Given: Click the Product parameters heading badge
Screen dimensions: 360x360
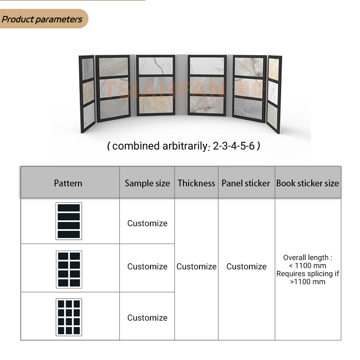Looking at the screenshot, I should (42, 19).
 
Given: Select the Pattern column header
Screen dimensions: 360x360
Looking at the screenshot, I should (68, 183).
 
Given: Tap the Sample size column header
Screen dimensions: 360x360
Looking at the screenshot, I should (147, 183).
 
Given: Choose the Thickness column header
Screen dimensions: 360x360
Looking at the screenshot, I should (197, 183).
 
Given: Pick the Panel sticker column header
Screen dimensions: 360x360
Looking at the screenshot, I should (246, 183).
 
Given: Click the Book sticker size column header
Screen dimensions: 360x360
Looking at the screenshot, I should (307, 183).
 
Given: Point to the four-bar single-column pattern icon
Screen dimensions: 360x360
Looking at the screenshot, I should (69, 221).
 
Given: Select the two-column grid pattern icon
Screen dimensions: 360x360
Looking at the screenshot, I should (69, 269).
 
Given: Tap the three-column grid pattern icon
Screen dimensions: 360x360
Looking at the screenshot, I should (69, 317).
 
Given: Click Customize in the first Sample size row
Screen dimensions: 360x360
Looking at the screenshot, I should (147, 223).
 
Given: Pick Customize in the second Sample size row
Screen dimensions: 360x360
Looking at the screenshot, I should (147, 266).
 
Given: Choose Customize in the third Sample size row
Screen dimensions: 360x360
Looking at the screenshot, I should (147, 318).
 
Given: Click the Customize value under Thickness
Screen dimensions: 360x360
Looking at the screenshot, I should (197, 266).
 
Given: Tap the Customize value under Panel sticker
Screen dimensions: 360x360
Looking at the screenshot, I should (246, 266).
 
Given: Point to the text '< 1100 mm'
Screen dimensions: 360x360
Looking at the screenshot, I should (307, 266).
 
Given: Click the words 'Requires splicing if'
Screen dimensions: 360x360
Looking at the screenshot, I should (307, 274).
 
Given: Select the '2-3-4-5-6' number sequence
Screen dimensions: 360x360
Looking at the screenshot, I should (234, 147).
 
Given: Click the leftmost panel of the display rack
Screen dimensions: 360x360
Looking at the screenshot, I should (88, 94).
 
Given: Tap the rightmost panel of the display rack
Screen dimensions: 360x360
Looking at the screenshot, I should (274, 94).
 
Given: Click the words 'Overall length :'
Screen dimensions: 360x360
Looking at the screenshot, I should (307, 258).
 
